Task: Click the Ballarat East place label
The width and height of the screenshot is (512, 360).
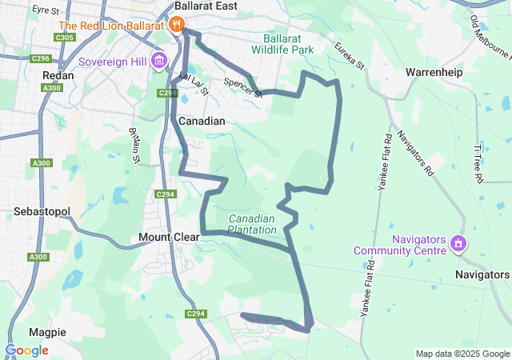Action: click(x=207, y=6)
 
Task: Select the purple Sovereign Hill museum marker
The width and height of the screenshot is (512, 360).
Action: click(x=158, y=61)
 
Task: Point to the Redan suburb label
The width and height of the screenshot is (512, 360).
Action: click(x=58, y=75)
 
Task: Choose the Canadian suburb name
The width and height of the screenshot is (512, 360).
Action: click(x=202, y=121)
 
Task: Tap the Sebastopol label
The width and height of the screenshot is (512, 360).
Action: click(x=42, y=212)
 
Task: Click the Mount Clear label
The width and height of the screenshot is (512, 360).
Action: click(x=164, y=237)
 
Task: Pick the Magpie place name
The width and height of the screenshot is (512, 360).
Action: click(x=47, y=332)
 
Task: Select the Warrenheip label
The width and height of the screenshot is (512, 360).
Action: click(x=434, y=72)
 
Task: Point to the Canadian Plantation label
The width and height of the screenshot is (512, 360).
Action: click(x=251, y=224)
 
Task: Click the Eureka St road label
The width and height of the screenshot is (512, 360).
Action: click(x=350, y=54)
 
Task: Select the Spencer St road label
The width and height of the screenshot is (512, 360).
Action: click(x=243, y=87)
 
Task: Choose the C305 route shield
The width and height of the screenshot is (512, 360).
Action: click(x=66, y=37)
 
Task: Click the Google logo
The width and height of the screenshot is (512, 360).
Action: click(x=26, y=350)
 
